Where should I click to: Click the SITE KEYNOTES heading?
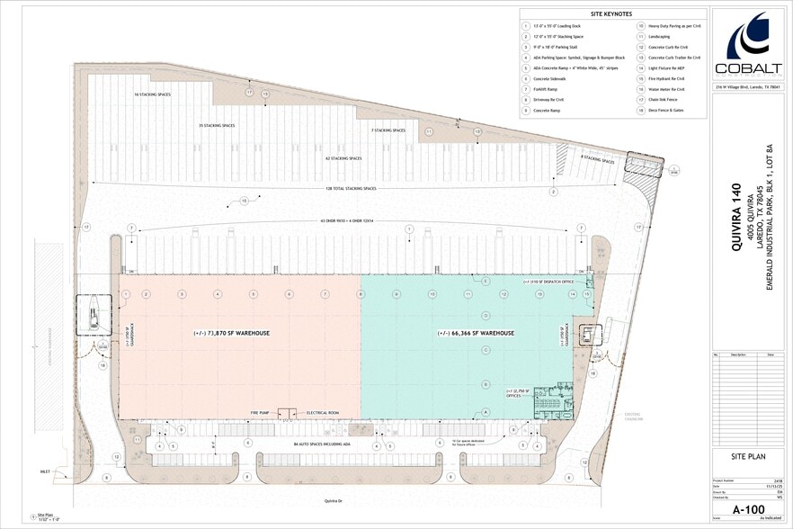pyautogui.click(x=611, y=14)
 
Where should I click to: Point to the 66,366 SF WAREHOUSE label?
pyautogui.click(x=476, y=333)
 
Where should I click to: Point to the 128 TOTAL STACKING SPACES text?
pyautogui.click(x=350, y=188)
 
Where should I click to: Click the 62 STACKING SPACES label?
pyautogui.click(x=343, y=158)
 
